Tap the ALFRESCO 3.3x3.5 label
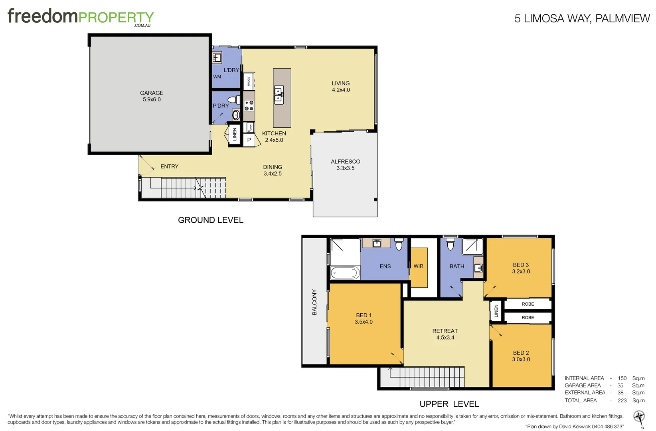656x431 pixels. point(345,164)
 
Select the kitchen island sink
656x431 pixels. point(279,95)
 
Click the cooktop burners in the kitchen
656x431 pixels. point(249,106)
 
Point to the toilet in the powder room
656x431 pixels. point(233,100)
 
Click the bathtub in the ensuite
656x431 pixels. point(345,273)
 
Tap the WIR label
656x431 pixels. point(418,266)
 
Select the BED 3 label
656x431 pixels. point(521,265)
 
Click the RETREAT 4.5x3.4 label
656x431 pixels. point(445,334)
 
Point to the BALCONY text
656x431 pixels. point(314,302)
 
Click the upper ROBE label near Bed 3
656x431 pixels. point(528,304)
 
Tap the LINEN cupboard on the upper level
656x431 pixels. point(496,310)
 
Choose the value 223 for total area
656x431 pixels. point(622,400)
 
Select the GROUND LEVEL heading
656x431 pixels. point(210,220)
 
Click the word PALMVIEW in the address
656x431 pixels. point(622,18)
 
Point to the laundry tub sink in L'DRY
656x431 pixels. point(217,58)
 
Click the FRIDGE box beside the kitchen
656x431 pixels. point(249,81)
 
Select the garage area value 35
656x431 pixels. point(620,386)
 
